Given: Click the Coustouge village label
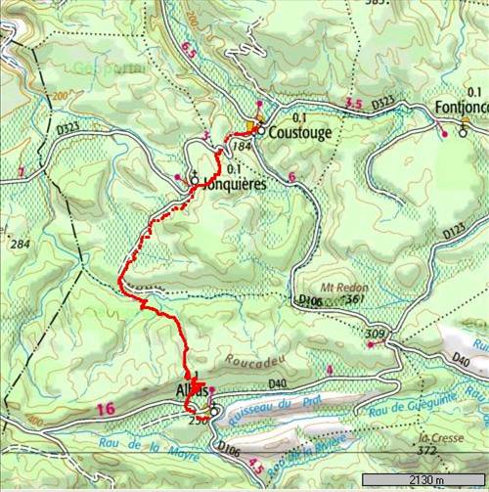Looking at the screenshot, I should (x=301, y=132).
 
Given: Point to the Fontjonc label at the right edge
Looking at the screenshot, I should (x=461, y=109).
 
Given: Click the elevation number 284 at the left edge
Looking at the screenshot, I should (x=17, y=243).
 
